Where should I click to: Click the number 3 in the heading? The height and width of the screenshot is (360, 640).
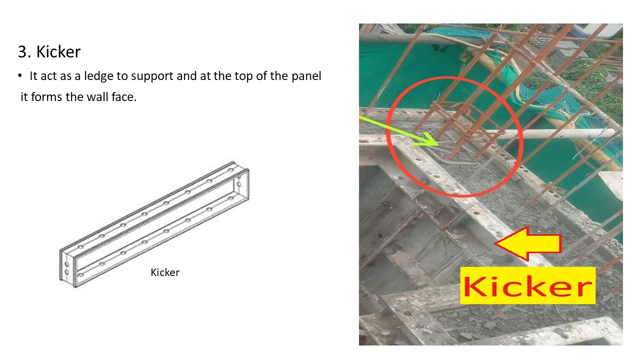coord(21,52)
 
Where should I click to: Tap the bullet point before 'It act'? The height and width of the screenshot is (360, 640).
coord(20,76)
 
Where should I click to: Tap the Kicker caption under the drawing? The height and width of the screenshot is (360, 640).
coord(165,272)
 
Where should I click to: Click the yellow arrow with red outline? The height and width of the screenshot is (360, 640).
coord(527,244)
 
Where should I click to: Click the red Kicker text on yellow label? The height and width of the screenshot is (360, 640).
coord(527,285)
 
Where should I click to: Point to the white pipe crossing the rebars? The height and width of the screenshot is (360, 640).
coord(550,133)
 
